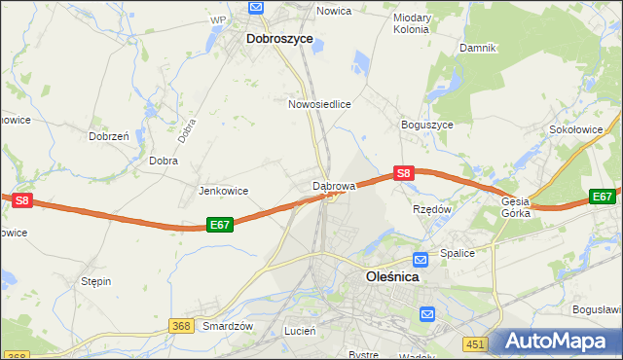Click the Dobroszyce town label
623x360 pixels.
click(279, 38)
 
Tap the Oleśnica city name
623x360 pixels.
click(391, 276)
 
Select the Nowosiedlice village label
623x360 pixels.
click(319, 103)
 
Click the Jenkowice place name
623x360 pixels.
click(224, 191)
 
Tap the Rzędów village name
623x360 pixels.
click(433, 208)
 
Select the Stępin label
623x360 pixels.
click(96, 281)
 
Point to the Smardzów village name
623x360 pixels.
click(228, 326)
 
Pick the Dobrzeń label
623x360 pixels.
click(109, 137)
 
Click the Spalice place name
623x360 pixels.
click(456, 253)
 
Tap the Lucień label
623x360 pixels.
click(300, 331)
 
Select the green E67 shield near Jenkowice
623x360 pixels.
click(220, 225)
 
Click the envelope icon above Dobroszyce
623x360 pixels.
click(256, 7)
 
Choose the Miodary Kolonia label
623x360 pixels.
click(411, 23)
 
